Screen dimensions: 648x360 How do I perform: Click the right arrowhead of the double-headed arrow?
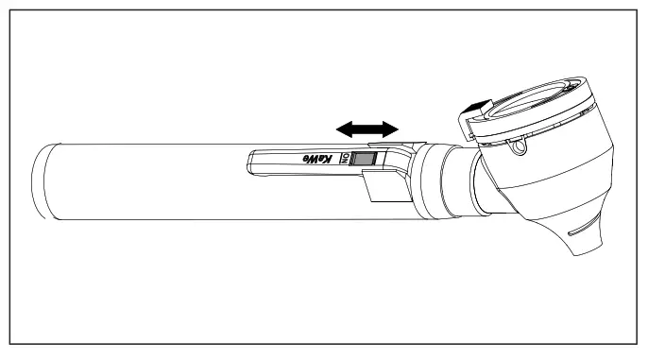[x=390, y=126]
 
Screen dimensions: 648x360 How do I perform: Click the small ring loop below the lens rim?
[x=516, y=148]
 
